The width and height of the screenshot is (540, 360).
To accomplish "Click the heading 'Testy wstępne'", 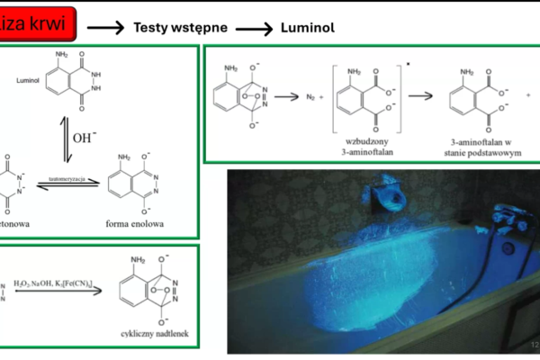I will click(180, 27).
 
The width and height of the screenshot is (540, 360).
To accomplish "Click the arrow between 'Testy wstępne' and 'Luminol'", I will click(255, 28).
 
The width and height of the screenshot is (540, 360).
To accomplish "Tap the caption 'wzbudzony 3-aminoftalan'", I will click(369, 145).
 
